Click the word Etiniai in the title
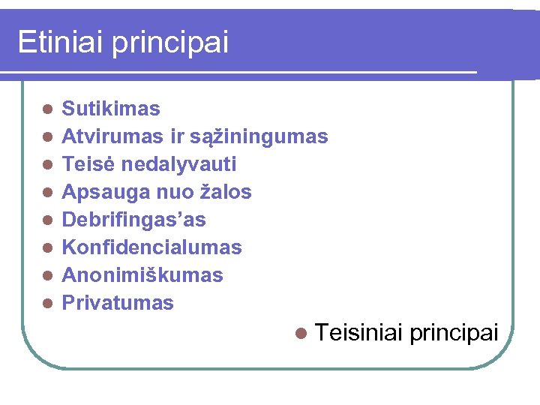click(x=61, y=42)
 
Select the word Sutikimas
click(x=111, y=109)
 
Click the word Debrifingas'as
click(x=133, y=220)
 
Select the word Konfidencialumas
click(x=151, y=247)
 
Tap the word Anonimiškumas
click(x=142, y=275)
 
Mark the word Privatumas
click(x=118, y=303)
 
